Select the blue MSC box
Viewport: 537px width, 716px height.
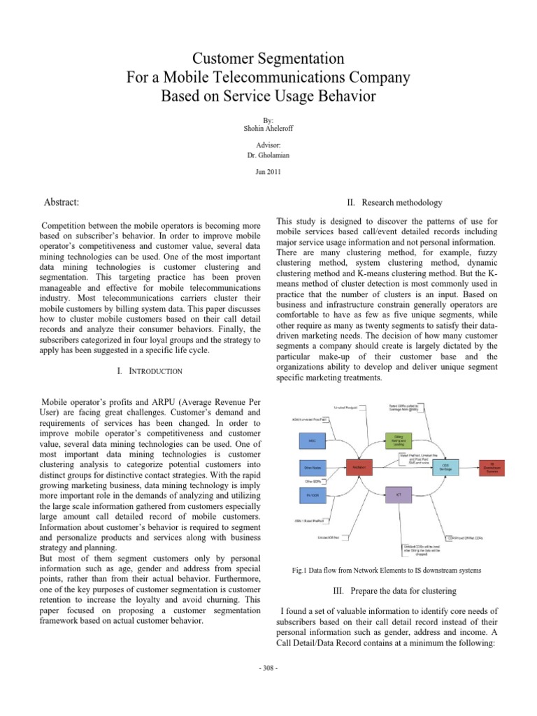(x=313, y=441)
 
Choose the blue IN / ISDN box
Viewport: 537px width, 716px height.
(x=313, y=494)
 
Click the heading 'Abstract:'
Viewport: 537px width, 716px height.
(x=62, y=202)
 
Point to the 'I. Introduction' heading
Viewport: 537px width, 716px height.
(x=149, y=371)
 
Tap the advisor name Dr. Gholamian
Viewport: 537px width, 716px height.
(x=268, y=154)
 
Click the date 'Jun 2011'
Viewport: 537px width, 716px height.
(x=268, y=172)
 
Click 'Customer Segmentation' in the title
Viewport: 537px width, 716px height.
(x=268, y=55)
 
